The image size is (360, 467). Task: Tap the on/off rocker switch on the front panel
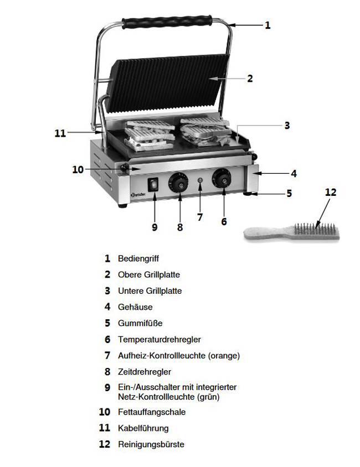coord(154,185)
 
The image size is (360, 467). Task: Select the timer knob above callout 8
coord(178,183)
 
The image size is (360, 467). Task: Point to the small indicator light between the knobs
coord(200,180)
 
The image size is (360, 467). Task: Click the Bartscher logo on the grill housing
coord(138,195)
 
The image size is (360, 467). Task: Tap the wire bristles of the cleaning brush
coord(316,229)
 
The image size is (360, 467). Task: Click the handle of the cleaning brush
coord(265,232)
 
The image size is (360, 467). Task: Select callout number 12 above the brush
coord(331,192)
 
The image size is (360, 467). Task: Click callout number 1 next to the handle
coord(268,25)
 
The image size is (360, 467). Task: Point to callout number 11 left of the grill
coord(60,133)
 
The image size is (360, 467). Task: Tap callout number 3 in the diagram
coord(287,126)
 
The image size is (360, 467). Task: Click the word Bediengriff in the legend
coord(138,258)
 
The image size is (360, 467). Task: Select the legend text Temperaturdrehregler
coord(160,339)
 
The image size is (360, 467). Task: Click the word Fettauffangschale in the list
coord(152,412)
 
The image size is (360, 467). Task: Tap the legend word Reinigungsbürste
coord(151,444)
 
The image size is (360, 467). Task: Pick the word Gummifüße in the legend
coord(140,323)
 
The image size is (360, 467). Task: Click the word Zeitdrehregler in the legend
coord(145,372)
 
